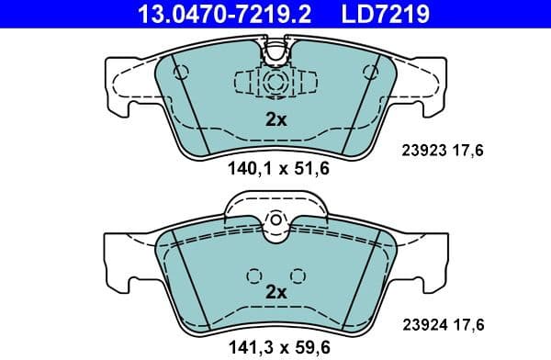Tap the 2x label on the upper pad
click(x=275, y=118)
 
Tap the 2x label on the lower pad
click(x=275, y=291)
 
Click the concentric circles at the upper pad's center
click(x=275, y=82)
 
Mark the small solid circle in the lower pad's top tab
click(x=275, y=220)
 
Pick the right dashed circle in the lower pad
click(x=296, y=274)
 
